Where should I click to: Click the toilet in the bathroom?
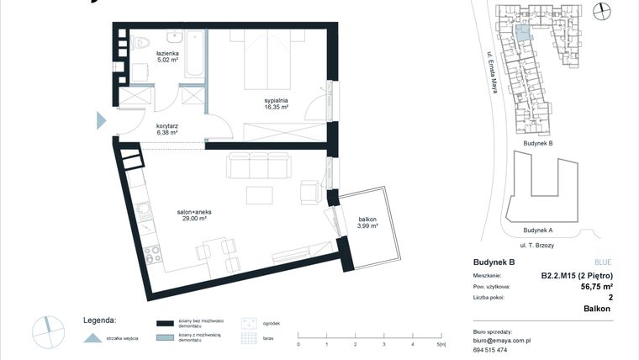click(140, 41)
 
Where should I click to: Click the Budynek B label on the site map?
click(537, 144)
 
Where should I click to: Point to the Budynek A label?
click(537, 230)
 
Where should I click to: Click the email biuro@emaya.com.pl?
click(501, 341)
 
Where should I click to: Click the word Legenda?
click(99, 320)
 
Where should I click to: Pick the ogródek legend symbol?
click(248, 323)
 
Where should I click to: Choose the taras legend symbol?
click(248, 338)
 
